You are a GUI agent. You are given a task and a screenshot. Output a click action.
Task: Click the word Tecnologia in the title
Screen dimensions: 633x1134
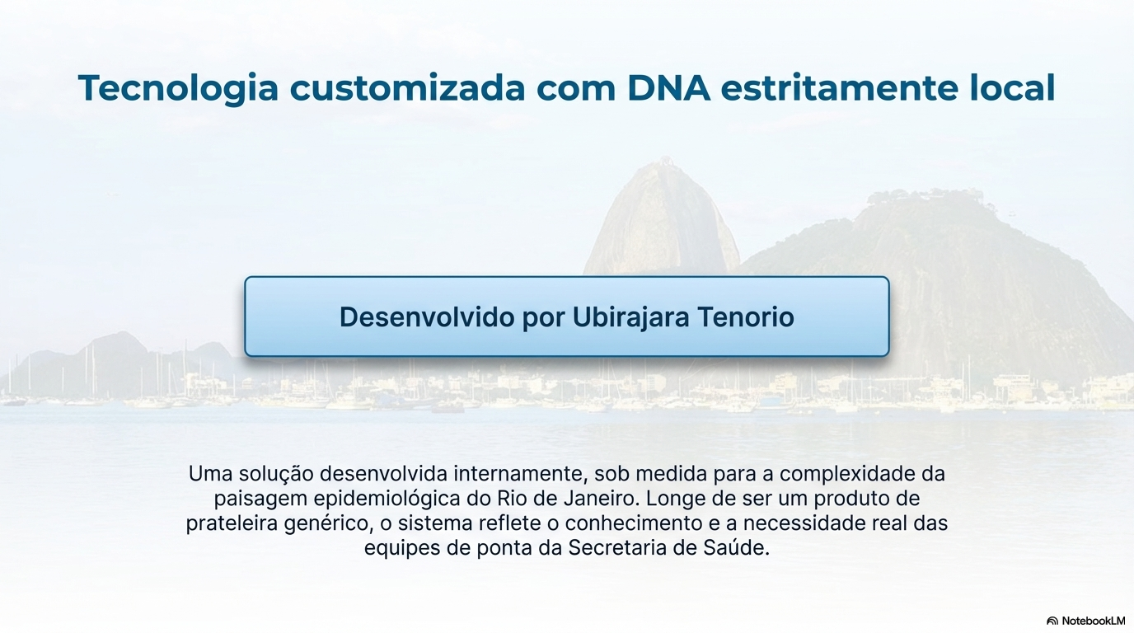pyautogui.click(x=178, y=88)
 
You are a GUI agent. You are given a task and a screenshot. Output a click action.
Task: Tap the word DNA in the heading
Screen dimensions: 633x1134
pyautogui.click(x=668, y=88)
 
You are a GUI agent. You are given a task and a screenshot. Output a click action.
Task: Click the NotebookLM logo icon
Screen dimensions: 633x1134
pyautogui.click(x=1052, y=621)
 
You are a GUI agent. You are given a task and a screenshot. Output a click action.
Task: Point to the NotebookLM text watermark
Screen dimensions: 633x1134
pyautogui.click(x=1093, y=621)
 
